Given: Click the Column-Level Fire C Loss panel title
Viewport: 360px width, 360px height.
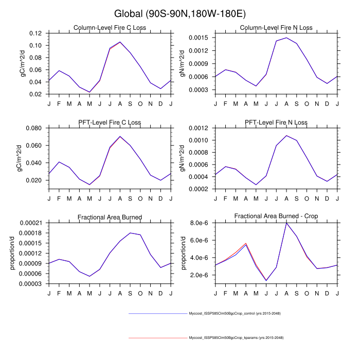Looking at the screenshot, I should (110, 28).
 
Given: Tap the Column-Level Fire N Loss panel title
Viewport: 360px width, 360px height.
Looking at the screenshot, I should (276, 28).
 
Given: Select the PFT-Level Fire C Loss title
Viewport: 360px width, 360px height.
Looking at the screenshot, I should (110, 122).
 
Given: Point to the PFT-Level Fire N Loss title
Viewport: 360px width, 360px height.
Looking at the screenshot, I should (276, 122).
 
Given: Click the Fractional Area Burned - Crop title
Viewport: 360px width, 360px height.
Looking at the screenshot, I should (276, 217).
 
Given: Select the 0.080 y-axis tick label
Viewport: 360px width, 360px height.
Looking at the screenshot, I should (33, 128).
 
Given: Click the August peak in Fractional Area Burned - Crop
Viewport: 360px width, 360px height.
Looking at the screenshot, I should (286, 223).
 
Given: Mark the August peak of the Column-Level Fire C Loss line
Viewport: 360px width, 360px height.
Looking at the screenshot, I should (120, 42).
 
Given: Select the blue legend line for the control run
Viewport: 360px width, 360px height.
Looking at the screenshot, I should (157, 313).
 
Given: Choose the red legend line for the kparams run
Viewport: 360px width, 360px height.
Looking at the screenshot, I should (157, 338).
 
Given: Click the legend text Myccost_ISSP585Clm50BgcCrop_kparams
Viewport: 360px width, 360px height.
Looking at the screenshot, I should (236, 338).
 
